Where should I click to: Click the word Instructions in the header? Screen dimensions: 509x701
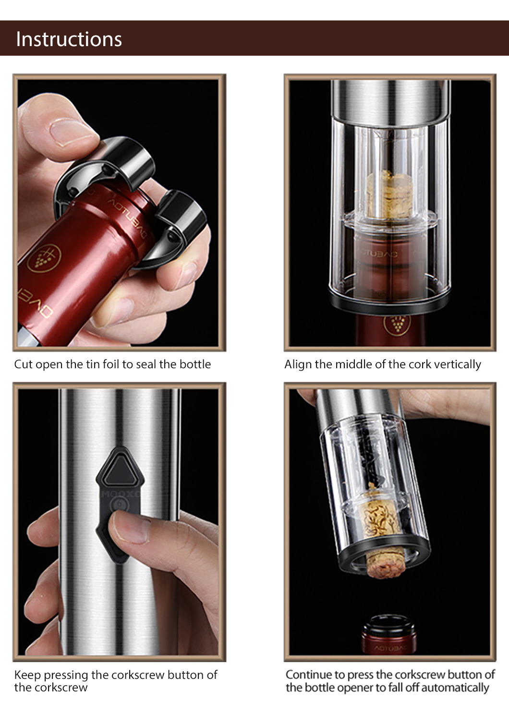pos(69,39)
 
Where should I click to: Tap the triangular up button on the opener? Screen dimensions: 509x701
pos(120,471)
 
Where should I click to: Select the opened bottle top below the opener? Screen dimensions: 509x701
pos(389,635)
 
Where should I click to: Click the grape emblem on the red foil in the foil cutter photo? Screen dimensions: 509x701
pos(44,258)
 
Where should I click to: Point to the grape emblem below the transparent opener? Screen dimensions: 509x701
pos(397,325)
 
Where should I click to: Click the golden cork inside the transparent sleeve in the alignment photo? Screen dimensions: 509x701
pos(390,194)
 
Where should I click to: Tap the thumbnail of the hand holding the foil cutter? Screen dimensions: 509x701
pos(119,213)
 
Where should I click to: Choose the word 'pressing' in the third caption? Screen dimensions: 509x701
pos(66,676)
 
